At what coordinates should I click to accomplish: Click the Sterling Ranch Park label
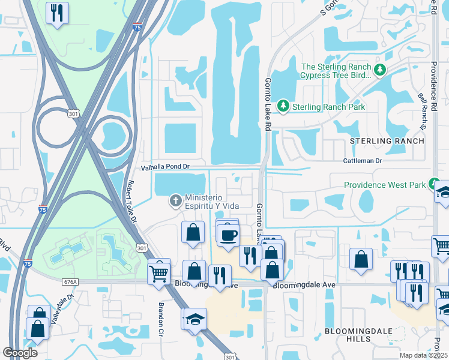click(x=328, y=107)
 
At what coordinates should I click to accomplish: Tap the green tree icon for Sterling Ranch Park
click(x=283, y=106)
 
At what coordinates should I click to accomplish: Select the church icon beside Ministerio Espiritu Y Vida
click(x=176, y=200)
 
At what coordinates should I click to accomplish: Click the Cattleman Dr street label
click(x=363, y=161)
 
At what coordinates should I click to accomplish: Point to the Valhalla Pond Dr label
click(x=165, y=167)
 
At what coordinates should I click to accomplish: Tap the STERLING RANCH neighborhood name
click(x=387, y=141)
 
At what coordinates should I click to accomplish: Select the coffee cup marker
click(x=228, y=234)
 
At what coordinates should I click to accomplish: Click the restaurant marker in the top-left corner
click(x=57, y=13)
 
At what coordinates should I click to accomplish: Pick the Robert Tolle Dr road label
click(x=131, y=202)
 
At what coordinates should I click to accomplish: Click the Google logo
click(x=20, y=353)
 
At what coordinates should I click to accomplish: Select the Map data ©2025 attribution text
click(x=423, y=355)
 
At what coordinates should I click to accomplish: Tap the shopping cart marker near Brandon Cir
click(x=159, y=272)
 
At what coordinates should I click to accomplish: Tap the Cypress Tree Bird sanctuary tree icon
click(x=379, y=71)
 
